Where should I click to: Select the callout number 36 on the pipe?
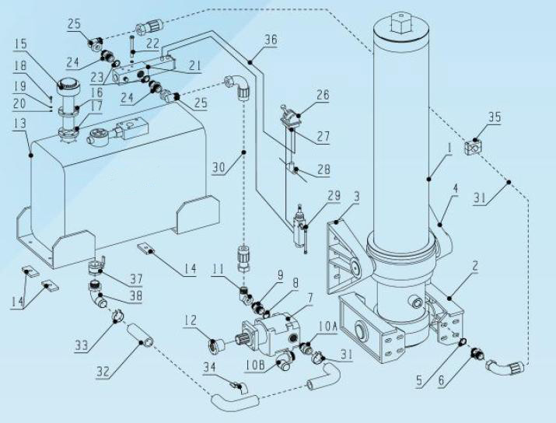(x=270, y=41)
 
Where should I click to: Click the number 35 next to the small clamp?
(x=494, y=118)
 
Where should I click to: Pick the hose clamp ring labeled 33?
(x=117, y=316)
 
